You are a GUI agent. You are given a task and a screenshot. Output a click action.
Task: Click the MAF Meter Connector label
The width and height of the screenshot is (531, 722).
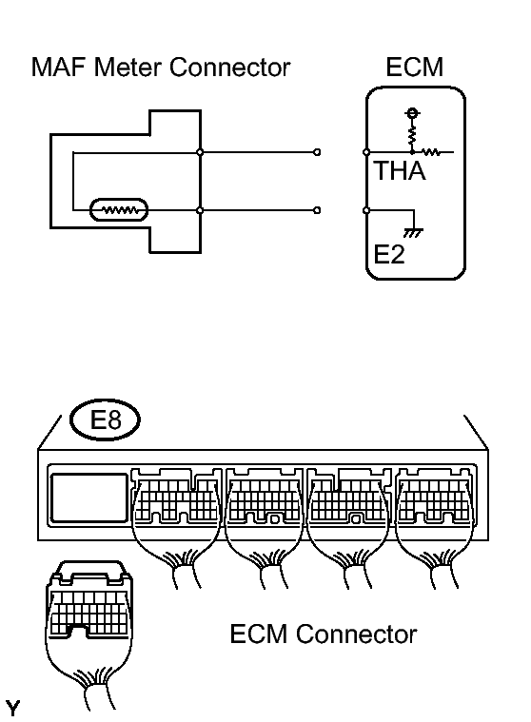point(160,68)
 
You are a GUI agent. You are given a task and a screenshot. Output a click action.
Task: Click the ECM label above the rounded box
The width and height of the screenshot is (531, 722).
point(415,68)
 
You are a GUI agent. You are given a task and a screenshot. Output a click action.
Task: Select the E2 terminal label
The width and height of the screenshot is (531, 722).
point(389,256)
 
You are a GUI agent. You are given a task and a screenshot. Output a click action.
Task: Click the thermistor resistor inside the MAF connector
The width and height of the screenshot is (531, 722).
point(118,209)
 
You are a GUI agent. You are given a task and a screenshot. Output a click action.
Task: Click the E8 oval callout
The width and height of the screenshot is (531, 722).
point(105,419)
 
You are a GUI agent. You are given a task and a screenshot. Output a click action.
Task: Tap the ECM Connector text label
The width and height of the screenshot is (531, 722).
point(323,634)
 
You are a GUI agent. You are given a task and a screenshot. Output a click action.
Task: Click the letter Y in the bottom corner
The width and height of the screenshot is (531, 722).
point(12,708)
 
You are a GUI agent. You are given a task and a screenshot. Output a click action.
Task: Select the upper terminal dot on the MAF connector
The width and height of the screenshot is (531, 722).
point(200,152)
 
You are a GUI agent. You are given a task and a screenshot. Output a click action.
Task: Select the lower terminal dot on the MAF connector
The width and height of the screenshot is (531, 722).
point(200,209)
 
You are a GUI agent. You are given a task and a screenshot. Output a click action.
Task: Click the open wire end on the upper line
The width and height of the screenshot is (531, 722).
point(317,152)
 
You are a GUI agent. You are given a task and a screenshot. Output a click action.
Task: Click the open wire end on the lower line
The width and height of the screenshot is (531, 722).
point(317,209)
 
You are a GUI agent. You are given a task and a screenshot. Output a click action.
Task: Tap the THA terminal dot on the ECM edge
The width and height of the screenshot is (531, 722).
point(366,152)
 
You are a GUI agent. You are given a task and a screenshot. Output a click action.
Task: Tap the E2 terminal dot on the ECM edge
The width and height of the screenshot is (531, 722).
point(366,209)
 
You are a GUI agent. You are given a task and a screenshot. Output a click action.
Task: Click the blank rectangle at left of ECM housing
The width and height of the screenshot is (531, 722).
point(89,498)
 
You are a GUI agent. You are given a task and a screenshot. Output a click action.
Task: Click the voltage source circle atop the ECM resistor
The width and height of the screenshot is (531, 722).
point(412,114)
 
